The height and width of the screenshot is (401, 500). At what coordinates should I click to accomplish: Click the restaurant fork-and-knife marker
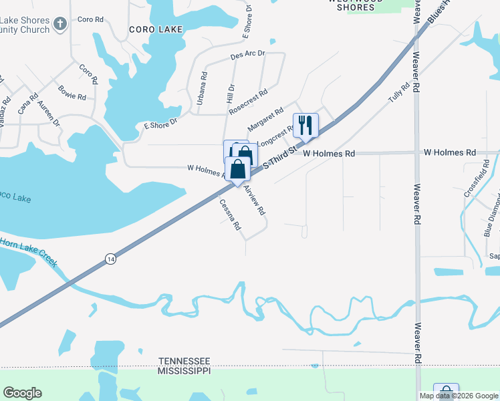coord(305,124)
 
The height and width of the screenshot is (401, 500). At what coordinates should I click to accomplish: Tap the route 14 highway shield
coord(110,259)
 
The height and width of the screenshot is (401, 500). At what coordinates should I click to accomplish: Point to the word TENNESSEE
coord(184,360)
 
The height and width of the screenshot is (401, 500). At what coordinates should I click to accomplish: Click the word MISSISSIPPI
coord(184,370)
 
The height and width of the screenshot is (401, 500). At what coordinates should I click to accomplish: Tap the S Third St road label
coord(279,158)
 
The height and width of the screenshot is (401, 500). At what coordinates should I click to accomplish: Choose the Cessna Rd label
coord(230,215)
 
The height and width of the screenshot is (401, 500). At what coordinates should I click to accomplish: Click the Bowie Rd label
coord(72,92)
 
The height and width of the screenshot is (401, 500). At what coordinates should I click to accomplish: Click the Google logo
coord(22,393)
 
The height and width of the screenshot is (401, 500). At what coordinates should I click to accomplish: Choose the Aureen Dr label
coord(48,114)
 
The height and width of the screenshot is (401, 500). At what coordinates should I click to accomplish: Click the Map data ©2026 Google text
coord(459,396)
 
